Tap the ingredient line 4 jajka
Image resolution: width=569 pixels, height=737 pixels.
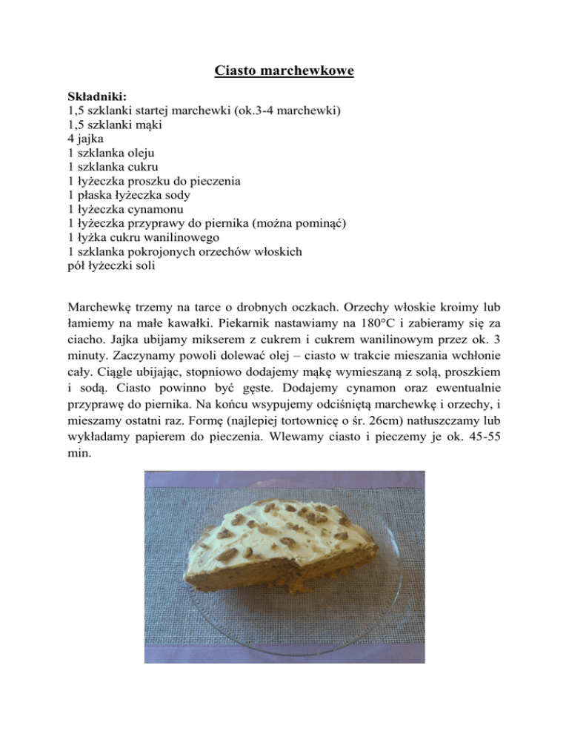click(87, 138)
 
